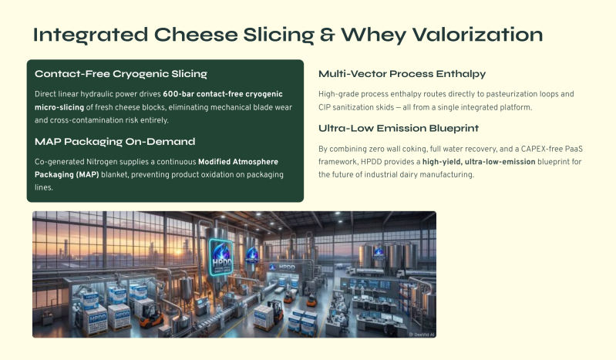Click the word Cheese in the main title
point(196,35)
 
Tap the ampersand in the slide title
point(327,35)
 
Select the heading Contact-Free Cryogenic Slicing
point(121,74)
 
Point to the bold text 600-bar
point(178,94)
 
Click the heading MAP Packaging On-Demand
point(115,142)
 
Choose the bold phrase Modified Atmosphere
point(238,162)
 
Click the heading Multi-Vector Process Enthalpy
point(402,74)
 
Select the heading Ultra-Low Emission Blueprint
point(399,128)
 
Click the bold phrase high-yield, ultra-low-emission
point(479,162)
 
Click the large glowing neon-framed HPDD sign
point(220,257)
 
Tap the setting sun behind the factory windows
point(179,251)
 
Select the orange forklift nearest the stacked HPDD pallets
point(152,315)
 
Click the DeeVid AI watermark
point(422,335)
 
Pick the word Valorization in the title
point(477,35)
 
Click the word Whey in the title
point(373,35)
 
